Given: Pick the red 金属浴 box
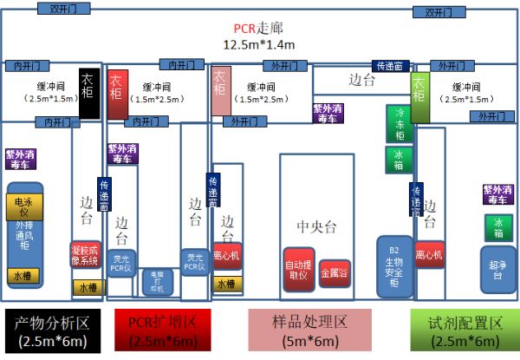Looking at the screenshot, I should pos(335,272).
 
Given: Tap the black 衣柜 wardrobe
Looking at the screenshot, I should pos(87,93).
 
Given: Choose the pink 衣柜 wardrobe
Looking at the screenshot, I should pos(220,91).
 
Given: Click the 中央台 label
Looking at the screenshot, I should pos(315,226).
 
